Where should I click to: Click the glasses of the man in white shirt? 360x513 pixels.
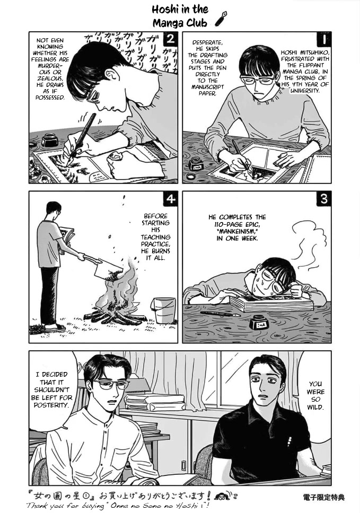coord(112,384)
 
